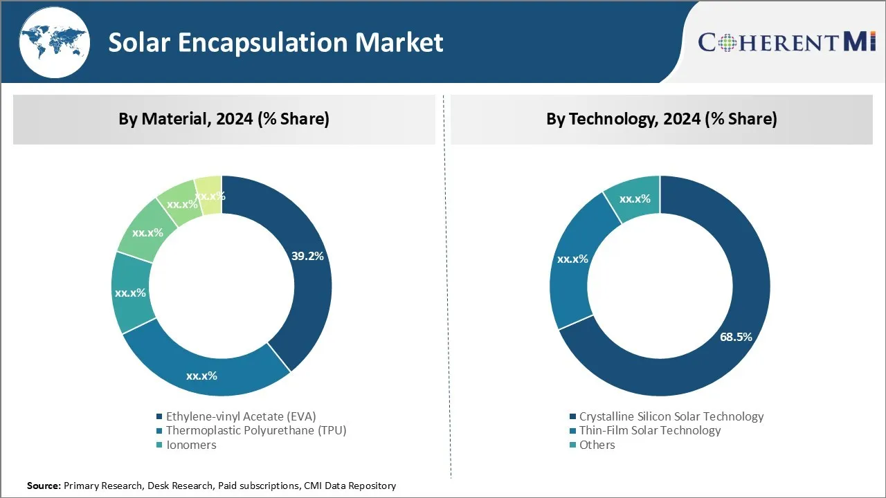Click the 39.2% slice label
click(x=307, y=256)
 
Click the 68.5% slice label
click(x=735, y=337)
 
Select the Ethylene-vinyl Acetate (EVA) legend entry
click(x=240, y=416)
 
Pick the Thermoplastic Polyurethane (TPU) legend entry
click(x=255, y=430)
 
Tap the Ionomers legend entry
click(x=190, y=445)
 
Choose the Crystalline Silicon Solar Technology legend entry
click(x=671, y=416)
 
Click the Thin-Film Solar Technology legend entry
click(x=649, y=430)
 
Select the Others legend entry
click(x=597, y=445)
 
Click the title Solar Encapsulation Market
click(x=275, y=43)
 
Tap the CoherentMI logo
click(x=787, y=42)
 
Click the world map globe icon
click(x=54, y=43)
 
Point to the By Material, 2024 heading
click(x=224, y=119)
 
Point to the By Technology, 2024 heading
click(x=661, y=119)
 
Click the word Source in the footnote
click(x=44, y=486)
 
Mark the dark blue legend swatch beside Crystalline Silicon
click(x=572, y=416)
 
